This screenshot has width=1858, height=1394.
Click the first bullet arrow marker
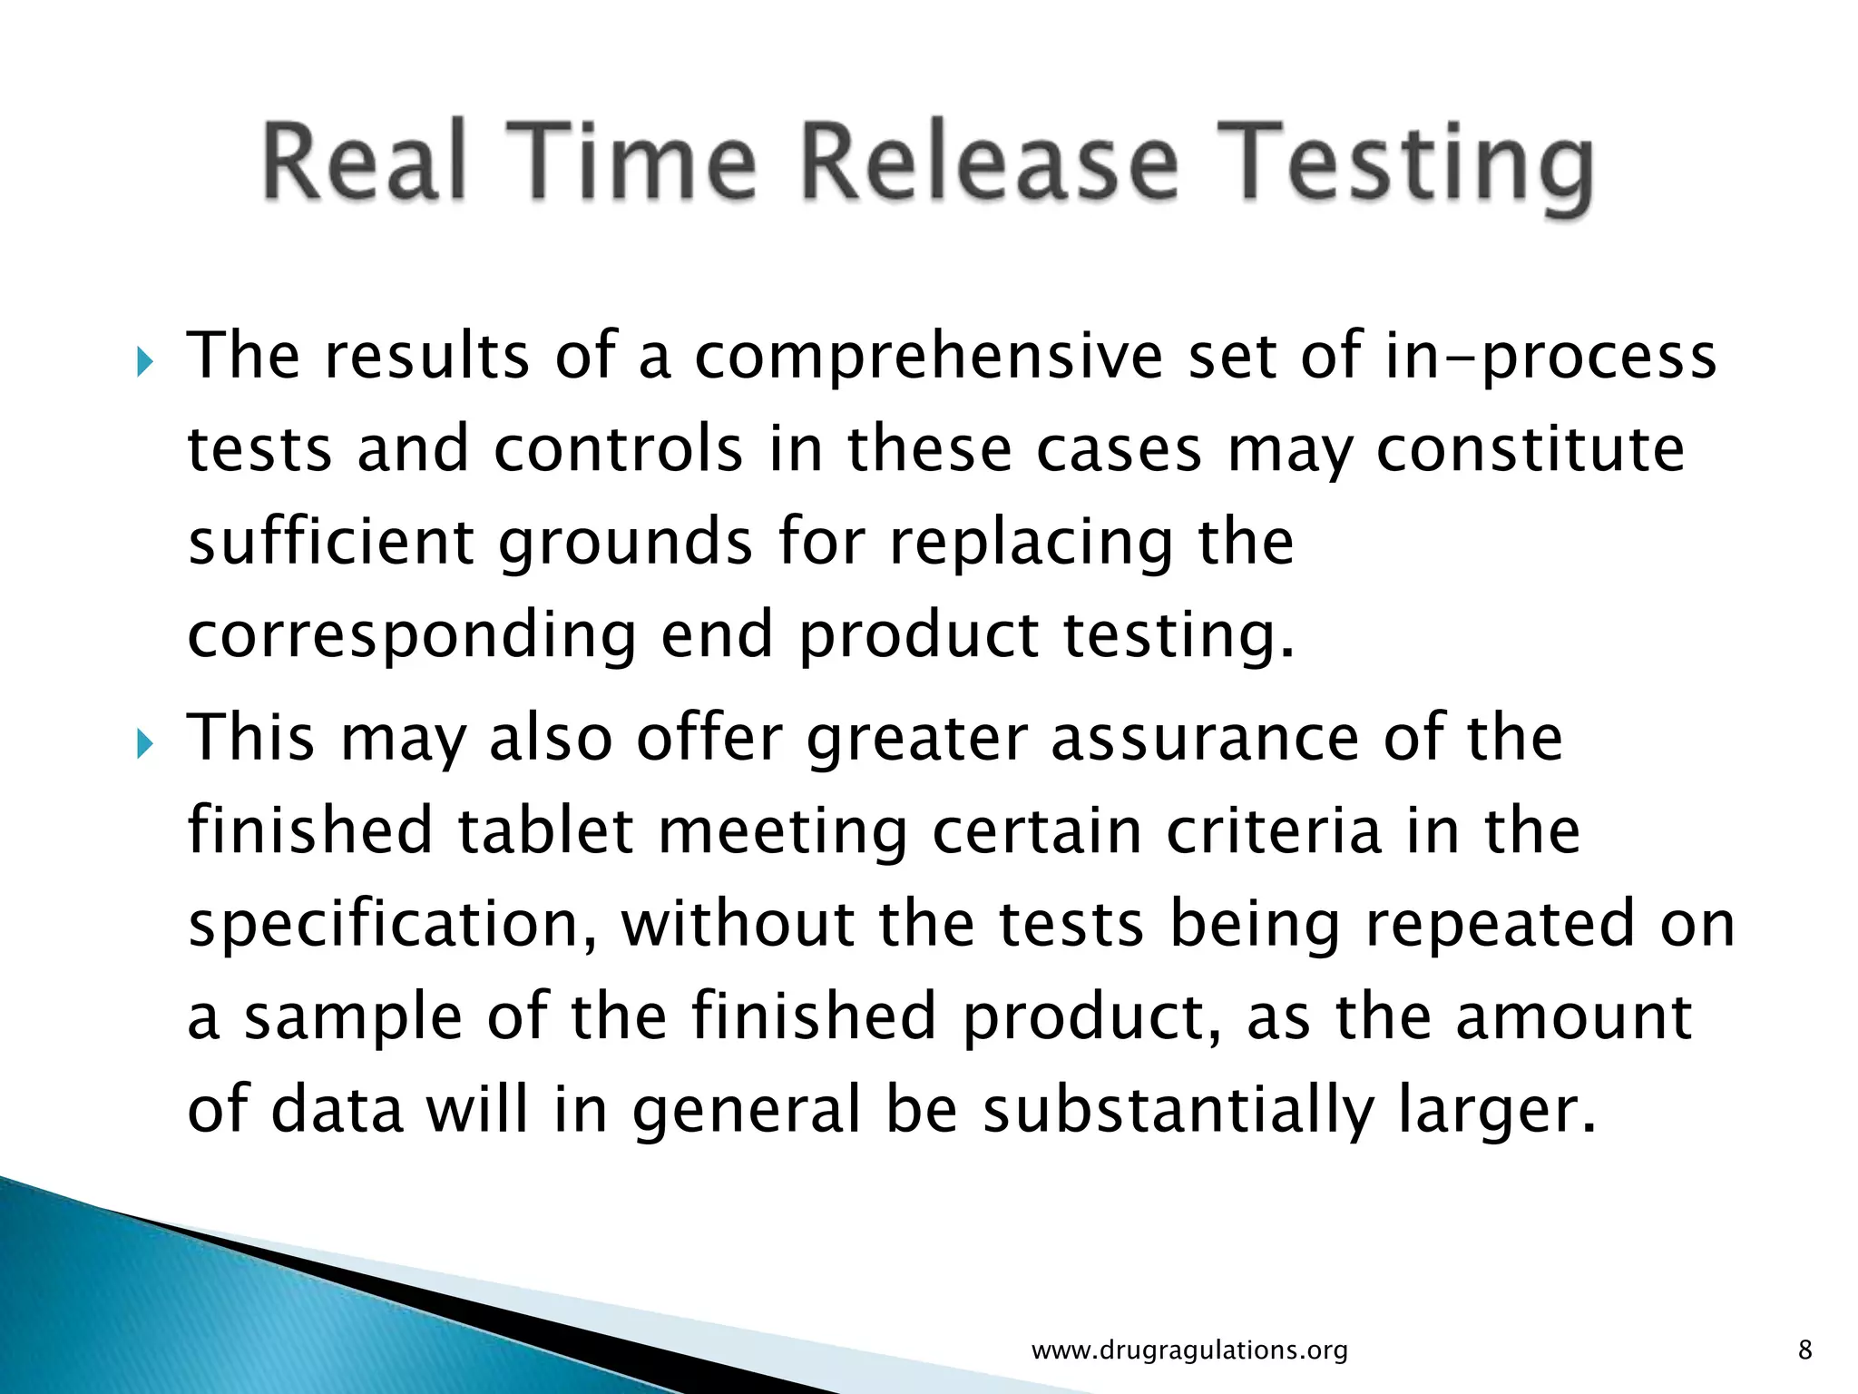pos(146,364)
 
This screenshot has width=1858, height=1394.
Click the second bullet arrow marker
pos(146,746)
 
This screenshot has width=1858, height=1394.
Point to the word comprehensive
pos(928,358)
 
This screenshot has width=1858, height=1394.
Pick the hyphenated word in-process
pos(1551,358)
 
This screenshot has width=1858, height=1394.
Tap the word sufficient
pos(331,542)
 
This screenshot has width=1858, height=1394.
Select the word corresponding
pos(412,636)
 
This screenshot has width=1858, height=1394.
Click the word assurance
pos(1205,738)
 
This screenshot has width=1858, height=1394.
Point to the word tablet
pos(545,831)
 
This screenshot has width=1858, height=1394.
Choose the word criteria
pos(1274,831)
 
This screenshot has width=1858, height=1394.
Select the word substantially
pos(1179,1111)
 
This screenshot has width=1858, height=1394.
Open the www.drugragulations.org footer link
pos(1189,1350)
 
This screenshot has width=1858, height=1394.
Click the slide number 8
pos(1804,1350)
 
